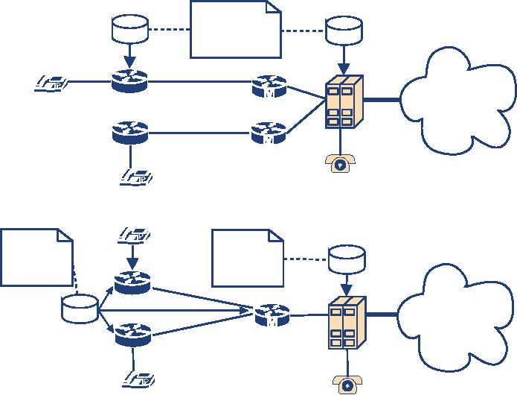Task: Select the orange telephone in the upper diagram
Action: (340, 163)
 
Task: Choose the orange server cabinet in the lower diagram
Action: (347, 323)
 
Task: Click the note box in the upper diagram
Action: (236, 30)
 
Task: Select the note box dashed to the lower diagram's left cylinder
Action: (36, 258)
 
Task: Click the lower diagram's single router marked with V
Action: (271, 315)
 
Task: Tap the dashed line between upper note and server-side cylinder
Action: (304, 31)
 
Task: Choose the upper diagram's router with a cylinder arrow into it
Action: (130, 80)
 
